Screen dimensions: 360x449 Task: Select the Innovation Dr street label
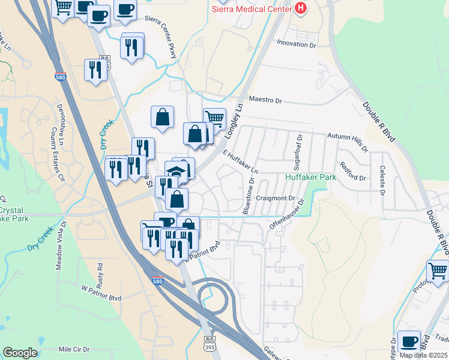click(296, 44)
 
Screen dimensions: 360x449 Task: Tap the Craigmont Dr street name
click(276, 198)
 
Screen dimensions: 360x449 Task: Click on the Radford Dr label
click(352, 172)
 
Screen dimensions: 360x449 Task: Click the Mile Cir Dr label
click(74, 349)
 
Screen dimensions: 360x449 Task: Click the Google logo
click(20, 353)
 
